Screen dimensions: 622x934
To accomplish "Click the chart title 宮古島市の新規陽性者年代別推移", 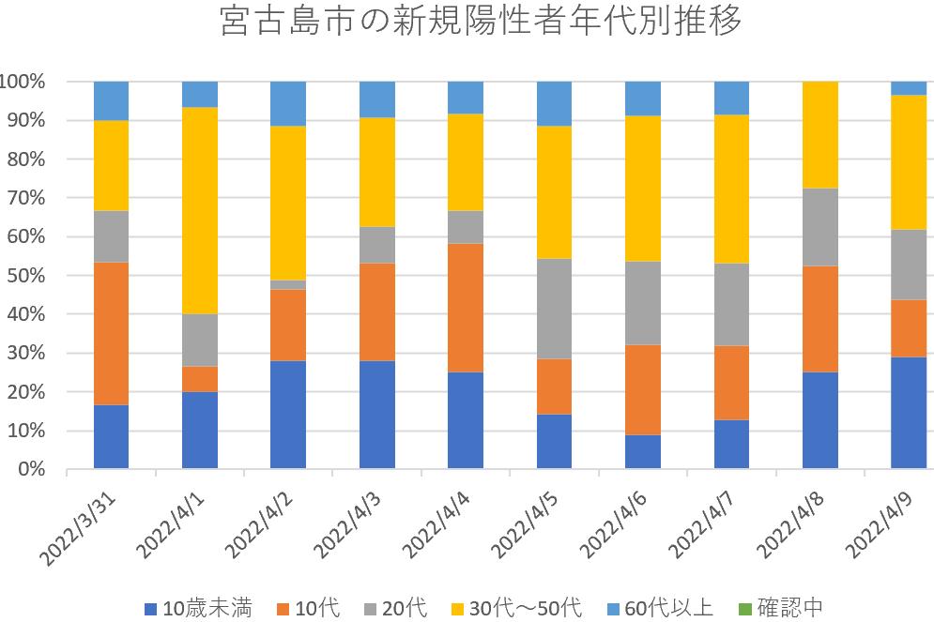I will point(480,22).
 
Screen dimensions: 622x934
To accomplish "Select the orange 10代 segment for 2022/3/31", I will point(111,333).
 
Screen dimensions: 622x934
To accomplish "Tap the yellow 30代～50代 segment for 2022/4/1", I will point(199,210).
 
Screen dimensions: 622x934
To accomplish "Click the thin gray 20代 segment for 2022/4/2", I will point(288,284).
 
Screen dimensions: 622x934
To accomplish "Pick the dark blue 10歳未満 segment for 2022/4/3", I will point(376,414).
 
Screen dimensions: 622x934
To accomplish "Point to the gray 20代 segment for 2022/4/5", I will point(554,309).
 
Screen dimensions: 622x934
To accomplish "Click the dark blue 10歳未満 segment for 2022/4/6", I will point(642,451).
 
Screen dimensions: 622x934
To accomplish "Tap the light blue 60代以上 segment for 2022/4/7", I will point(731,98).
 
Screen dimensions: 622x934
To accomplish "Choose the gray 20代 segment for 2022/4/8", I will point(819,227).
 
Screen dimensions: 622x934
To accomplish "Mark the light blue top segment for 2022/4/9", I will point(908,88).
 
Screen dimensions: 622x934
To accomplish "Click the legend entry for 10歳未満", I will point(198,607).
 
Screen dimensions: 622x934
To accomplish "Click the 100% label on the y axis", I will point(23,82).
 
